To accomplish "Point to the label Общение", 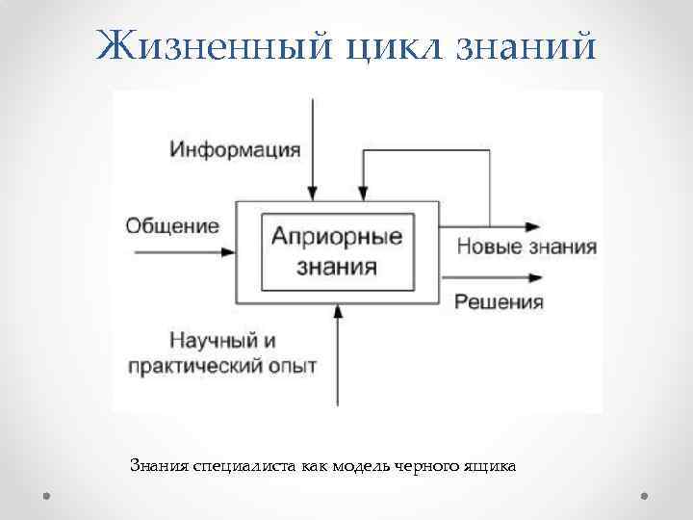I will [172, 226].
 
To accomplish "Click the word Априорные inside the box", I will [337, 235].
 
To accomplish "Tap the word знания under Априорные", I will [337, 264].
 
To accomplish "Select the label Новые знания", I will [526, 247].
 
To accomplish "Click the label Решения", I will [500, 302].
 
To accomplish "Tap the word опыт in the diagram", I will [292, 367].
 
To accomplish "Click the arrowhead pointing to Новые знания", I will [531, 226].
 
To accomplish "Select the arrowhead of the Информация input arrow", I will [314, 195].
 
